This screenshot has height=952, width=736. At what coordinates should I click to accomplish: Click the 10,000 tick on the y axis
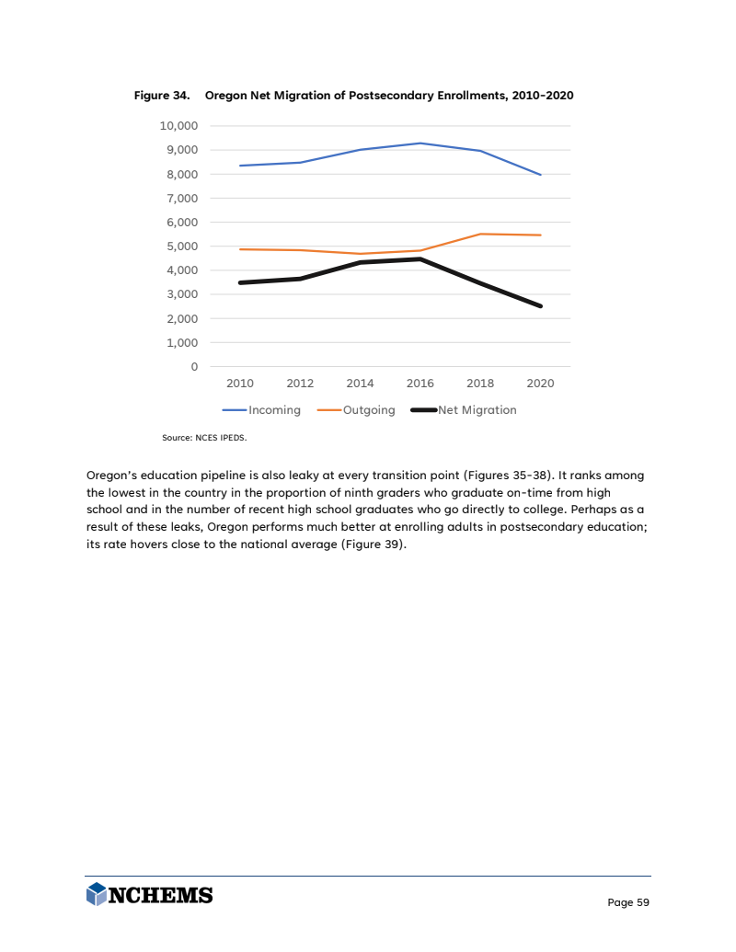click(x=179, y=126)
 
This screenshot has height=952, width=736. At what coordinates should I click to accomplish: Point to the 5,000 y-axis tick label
click(x=181, y=247)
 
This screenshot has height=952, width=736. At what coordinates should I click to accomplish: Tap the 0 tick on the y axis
click(x=193, y=367)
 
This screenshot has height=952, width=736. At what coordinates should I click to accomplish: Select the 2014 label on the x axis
click(x=360, y=384)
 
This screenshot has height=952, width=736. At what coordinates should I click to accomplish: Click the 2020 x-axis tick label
click(x=540, y=384)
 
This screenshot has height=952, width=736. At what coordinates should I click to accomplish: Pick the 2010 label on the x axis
click(x=240, y=384)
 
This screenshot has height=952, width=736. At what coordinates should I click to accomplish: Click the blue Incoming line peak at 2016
click(x=420, y=143)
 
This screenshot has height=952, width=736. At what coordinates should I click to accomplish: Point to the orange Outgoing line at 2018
click(x=480, y=234)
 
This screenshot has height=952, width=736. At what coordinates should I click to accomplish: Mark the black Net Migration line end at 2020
click(x=540, y=306)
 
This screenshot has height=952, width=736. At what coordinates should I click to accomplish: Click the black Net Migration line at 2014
click(x=360, y=263)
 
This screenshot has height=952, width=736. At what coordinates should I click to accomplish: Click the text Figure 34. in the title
click(x=162, y=96)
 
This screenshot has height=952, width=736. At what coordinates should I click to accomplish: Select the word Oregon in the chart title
click(x=225, y=96)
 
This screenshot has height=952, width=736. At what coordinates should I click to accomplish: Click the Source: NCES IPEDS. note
click(x=204, y=438)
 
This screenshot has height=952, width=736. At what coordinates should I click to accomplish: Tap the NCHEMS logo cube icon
click(x=96, y=893)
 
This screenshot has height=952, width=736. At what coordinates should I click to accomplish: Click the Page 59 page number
click(x=628, y=902)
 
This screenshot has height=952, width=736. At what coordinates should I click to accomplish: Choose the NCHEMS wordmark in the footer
click(x=161, y=894)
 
